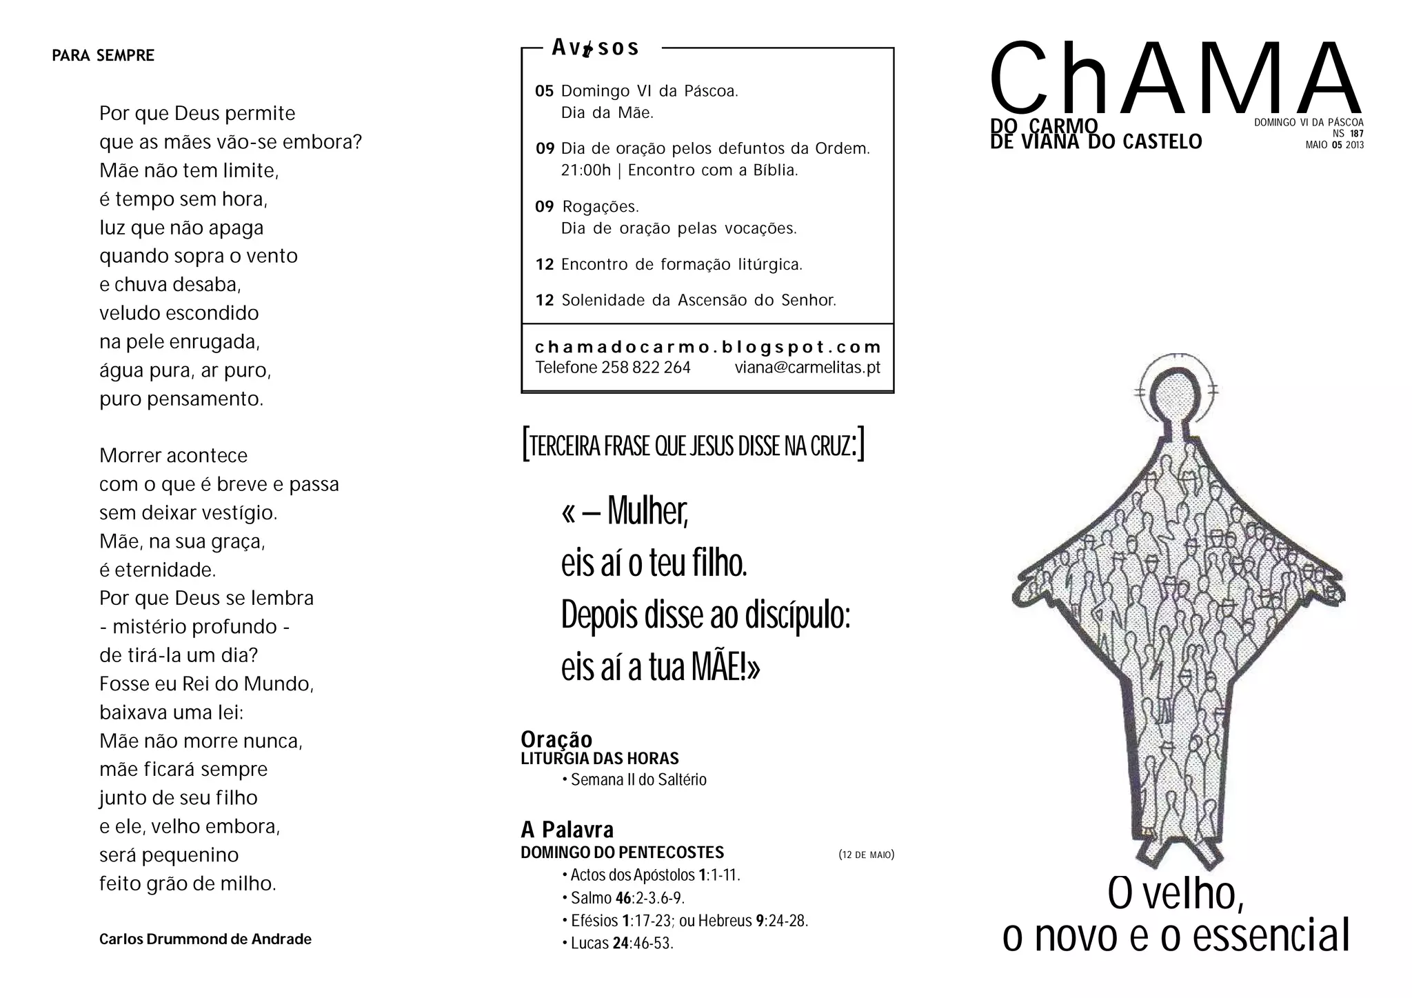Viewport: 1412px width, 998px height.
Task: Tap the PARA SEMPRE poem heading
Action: pos(103,56)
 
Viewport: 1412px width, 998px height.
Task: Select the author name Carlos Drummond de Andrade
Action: pos(205,939)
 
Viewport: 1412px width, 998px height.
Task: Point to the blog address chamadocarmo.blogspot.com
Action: pos(708,347)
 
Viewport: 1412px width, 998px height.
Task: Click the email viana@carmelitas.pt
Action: pos(807,368)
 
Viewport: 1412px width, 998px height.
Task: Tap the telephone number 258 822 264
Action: pos(645,368)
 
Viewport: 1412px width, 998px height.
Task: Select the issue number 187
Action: pos(1356,134)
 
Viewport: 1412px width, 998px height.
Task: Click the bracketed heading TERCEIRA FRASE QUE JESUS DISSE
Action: pos(693,446)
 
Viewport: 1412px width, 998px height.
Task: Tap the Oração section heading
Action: pos(556,739)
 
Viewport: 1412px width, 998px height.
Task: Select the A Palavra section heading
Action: pos(567,830)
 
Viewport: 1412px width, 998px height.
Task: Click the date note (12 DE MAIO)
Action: pos(866,855)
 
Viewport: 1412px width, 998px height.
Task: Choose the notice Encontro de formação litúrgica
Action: pos(681,265)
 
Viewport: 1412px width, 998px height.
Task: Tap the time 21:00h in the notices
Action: pos(586,170)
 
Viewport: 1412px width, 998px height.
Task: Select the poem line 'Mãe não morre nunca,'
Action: pos(201,741)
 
